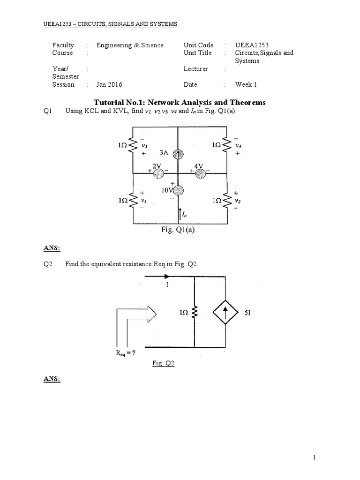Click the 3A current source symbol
pyautogui.click(x=178, y=154)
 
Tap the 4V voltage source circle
pyautogui.click(x=201, y=173)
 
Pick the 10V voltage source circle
pyautogui.click(x=178, y=190)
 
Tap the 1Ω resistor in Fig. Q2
pyautogui.click(x=195, y=311)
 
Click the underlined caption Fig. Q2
pyautogui.click(x=164, y=363)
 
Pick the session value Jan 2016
pyautogui.click(x=109, y=85)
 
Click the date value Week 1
pyautogui.click(x=246, y=85)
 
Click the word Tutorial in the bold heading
pyautogui.click(x=109, y=102)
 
